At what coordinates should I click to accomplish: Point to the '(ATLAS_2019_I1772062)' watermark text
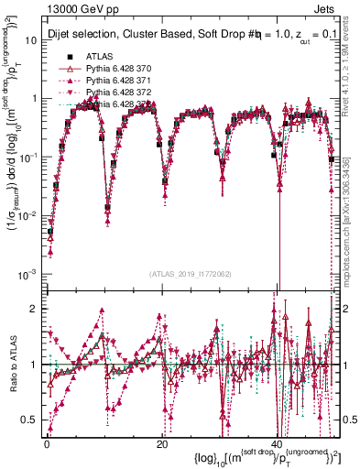[x=191, y=275]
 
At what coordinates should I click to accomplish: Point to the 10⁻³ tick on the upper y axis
[x=30, y=275]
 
